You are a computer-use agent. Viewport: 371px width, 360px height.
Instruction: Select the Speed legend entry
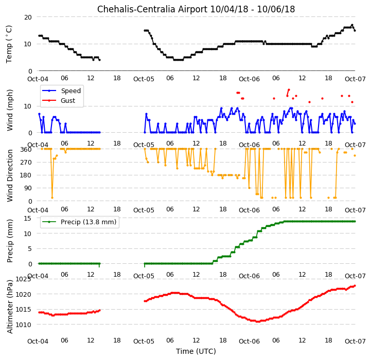pos(62,91)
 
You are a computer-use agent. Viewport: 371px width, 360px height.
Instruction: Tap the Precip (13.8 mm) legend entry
pos(79,222)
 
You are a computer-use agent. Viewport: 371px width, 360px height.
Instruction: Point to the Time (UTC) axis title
pos(196,351)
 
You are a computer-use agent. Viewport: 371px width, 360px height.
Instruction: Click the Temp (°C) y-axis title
pos(9,44)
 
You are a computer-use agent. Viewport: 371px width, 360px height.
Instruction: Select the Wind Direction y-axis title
pos(9,175)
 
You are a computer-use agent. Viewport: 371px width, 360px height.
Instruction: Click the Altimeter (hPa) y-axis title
pos(9,307)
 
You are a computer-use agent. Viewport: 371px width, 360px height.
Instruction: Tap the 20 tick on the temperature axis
pos(28,17)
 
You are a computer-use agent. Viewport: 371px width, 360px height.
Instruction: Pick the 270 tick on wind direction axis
pos(27,163)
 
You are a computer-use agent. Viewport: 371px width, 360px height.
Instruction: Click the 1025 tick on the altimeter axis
pos(23,279)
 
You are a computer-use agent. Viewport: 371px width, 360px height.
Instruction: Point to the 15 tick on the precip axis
pos(28,218)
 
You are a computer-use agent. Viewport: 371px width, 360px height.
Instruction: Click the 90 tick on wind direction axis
pos(28,188)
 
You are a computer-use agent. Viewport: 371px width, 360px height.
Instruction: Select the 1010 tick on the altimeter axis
pos(23,325)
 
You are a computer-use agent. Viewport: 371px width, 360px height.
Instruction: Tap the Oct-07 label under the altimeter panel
pos(355,341)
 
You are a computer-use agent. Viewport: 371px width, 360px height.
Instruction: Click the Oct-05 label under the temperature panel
pos(144,79)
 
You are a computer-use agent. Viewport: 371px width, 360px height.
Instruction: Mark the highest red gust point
pos(289,90)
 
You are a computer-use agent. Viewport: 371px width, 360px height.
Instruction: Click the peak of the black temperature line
pos(352,25)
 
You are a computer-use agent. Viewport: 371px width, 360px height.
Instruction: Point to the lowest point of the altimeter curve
pos(258,321)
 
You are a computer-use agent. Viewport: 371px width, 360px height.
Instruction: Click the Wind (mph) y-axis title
pos(9,110)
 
